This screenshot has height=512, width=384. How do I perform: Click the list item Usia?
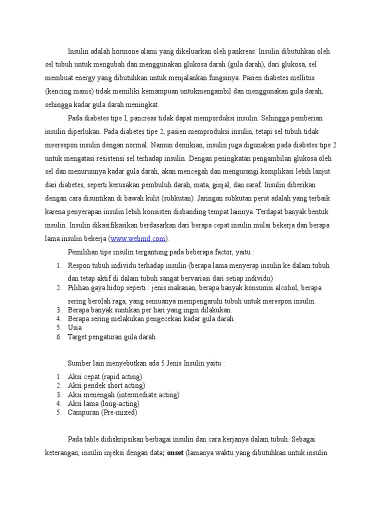pyautogui.click(x=75, y=327)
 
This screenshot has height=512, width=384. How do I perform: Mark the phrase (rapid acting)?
pyautogui.click(x=122, y=376)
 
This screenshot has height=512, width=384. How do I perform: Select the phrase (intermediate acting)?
pyautogui.click(x=147, y=394)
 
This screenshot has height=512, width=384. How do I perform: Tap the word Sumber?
pyautogui.click(x=79, y=362)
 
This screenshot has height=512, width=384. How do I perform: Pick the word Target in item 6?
pyautogui.click(x=78, y=336)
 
